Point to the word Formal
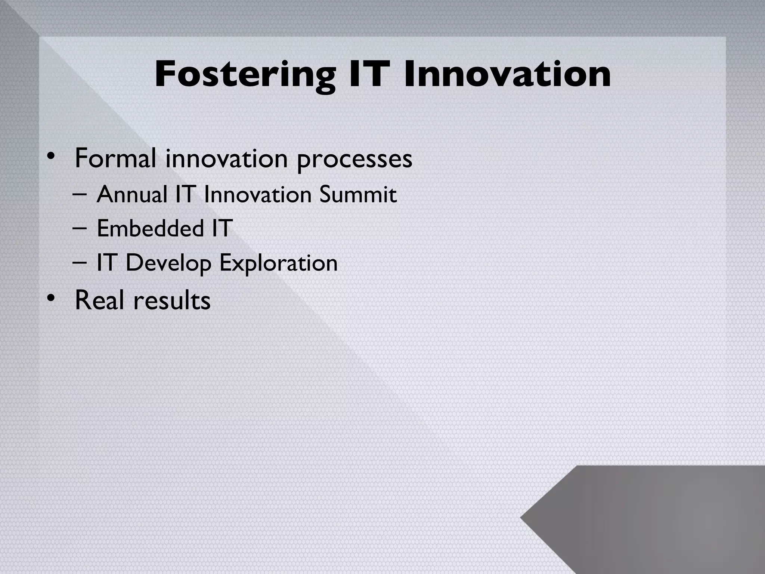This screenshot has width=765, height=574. [115, 158]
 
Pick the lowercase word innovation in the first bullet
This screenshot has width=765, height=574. [226, 158]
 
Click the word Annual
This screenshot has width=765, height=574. [131, 195]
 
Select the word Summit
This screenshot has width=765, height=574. [357, 195]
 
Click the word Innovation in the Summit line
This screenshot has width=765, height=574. [258, 195]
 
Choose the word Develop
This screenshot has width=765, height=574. [168, 263]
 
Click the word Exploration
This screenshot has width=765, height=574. [278, 263]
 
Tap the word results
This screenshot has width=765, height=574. [172, 300]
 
